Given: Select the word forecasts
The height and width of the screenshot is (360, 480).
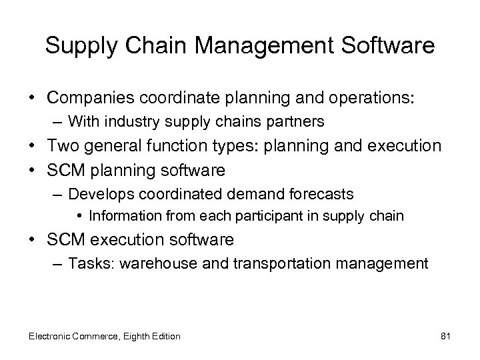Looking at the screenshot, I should point(321,195).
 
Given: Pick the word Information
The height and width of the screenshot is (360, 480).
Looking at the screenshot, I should point(123,216).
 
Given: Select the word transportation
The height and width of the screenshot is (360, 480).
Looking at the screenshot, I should point(290,264).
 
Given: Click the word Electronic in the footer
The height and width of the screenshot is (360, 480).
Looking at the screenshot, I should point(49,336).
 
